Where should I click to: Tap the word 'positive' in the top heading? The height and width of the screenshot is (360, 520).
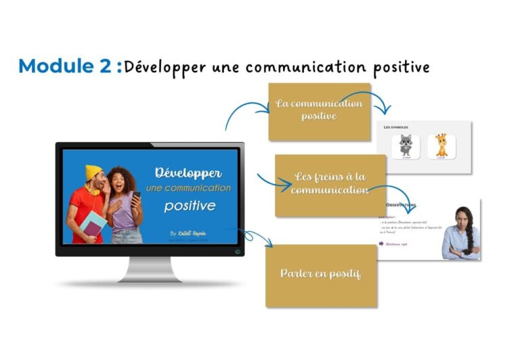401,67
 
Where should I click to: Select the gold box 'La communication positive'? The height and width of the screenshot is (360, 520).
319,111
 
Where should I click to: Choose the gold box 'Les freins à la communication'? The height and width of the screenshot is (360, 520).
330,184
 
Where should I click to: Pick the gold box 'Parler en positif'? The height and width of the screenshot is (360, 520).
321,274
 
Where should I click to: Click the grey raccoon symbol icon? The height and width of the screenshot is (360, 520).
406,145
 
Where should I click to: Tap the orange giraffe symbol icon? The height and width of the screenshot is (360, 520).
441,145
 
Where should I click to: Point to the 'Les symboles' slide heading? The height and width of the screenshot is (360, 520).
396,127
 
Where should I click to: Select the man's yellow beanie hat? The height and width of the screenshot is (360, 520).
93,172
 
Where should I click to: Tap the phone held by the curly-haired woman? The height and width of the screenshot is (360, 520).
136,196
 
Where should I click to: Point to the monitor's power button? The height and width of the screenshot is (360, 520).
237,252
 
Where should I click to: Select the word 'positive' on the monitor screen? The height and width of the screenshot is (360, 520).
190,204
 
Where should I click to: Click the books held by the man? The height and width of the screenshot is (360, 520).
94,223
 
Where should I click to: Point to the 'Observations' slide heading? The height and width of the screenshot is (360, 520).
402,205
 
